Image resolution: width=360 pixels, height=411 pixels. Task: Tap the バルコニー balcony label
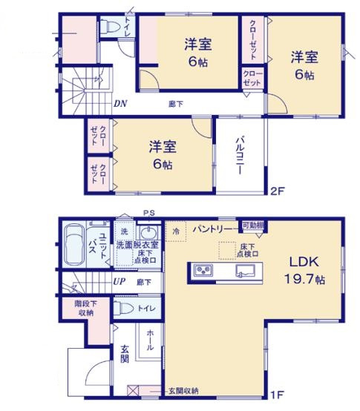tap(241, 154)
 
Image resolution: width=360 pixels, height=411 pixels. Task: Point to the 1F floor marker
tap(276, 394)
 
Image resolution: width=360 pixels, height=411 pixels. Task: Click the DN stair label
tap(120, 104)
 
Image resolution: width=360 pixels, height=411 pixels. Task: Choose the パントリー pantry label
tap(213, 229)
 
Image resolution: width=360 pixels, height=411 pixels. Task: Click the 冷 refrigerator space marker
tap(175, 231)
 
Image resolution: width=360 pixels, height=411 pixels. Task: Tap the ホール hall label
tap(151, 340)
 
